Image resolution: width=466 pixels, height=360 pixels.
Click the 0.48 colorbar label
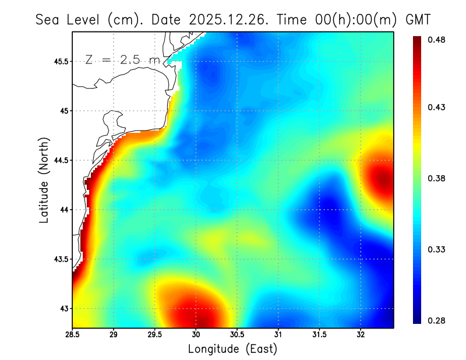click(x=436, y=40)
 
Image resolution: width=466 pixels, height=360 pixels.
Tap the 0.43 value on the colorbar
click(x=436, y=107)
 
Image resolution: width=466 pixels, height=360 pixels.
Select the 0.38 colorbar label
click(x=436, y=178)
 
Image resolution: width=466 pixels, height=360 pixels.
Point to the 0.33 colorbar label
click(x=436, y=249)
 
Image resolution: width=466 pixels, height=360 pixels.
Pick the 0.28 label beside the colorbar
click(x=436, y=320)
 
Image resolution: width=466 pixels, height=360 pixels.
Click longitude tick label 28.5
click(x=73, y=335)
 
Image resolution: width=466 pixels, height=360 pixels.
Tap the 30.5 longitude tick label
click(x=237, y=335)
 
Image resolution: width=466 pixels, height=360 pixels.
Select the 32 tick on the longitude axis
click(x=361, y=335)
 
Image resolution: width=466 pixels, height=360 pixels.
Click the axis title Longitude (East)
click(x=232, y=349)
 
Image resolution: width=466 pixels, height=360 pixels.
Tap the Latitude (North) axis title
click(x=44, y=181)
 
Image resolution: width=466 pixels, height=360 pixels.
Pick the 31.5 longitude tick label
click(x=319, y=335)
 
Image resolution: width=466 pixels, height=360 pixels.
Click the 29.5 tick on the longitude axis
click(x=155, y=335)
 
